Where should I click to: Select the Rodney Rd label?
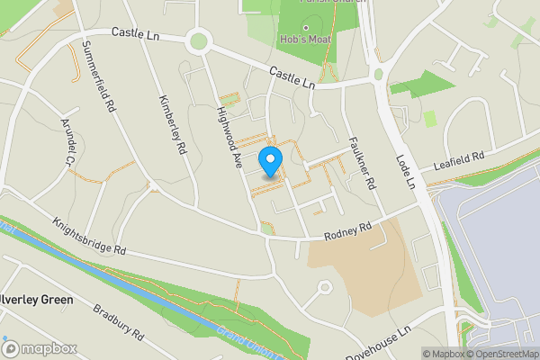[x=347, y=232]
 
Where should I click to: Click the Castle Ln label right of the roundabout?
[x=290, y=78]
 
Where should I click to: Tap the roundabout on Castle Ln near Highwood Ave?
[x=198, y=40]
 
